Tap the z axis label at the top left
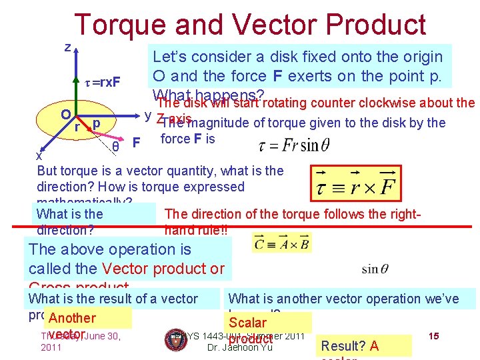click(67, 47)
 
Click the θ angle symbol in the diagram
click(116, 146)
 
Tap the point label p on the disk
click(97, 124)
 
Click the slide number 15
click(433, 336)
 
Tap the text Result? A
click(350, 345)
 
